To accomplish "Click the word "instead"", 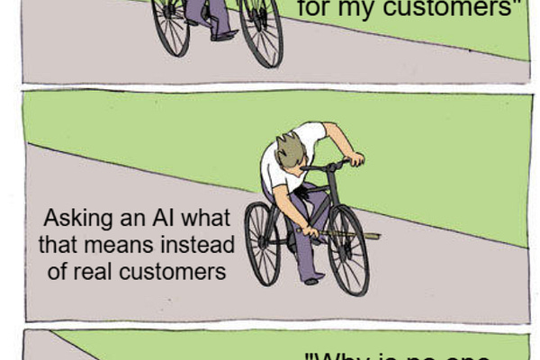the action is coord(203,245).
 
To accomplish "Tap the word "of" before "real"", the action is coord(58,270).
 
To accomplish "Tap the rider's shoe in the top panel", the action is coord(223,36).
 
